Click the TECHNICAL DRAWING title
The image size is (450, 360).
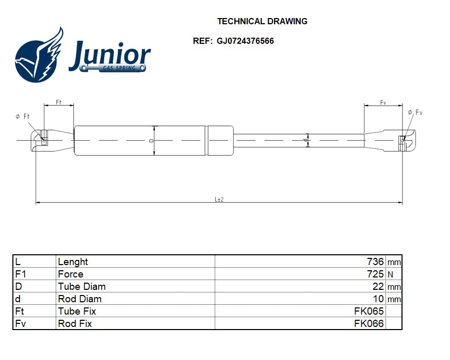(x=262, y=22)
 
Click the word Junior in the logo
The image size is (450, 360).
(x=109, y=55)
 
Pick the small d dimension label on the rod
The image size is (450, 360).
(x=305, y=140)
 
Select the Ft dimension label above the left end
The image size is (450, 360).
(x=58, y=103)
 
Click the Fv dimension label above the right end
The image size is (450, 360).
(x=383, y=103)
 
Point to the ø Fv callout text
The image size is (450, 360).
(x=415, y=112)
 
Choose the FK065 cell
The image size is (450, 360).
(x=368, y=312)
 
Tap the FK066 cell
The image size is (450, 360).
(x=368, y=324)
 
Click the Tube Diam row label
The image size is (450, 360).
(x=82, y=287)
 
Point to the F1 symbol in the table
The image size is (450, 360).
(x=21, y=274)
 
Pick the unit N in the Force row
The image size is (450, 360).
(x=390, y=275)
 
